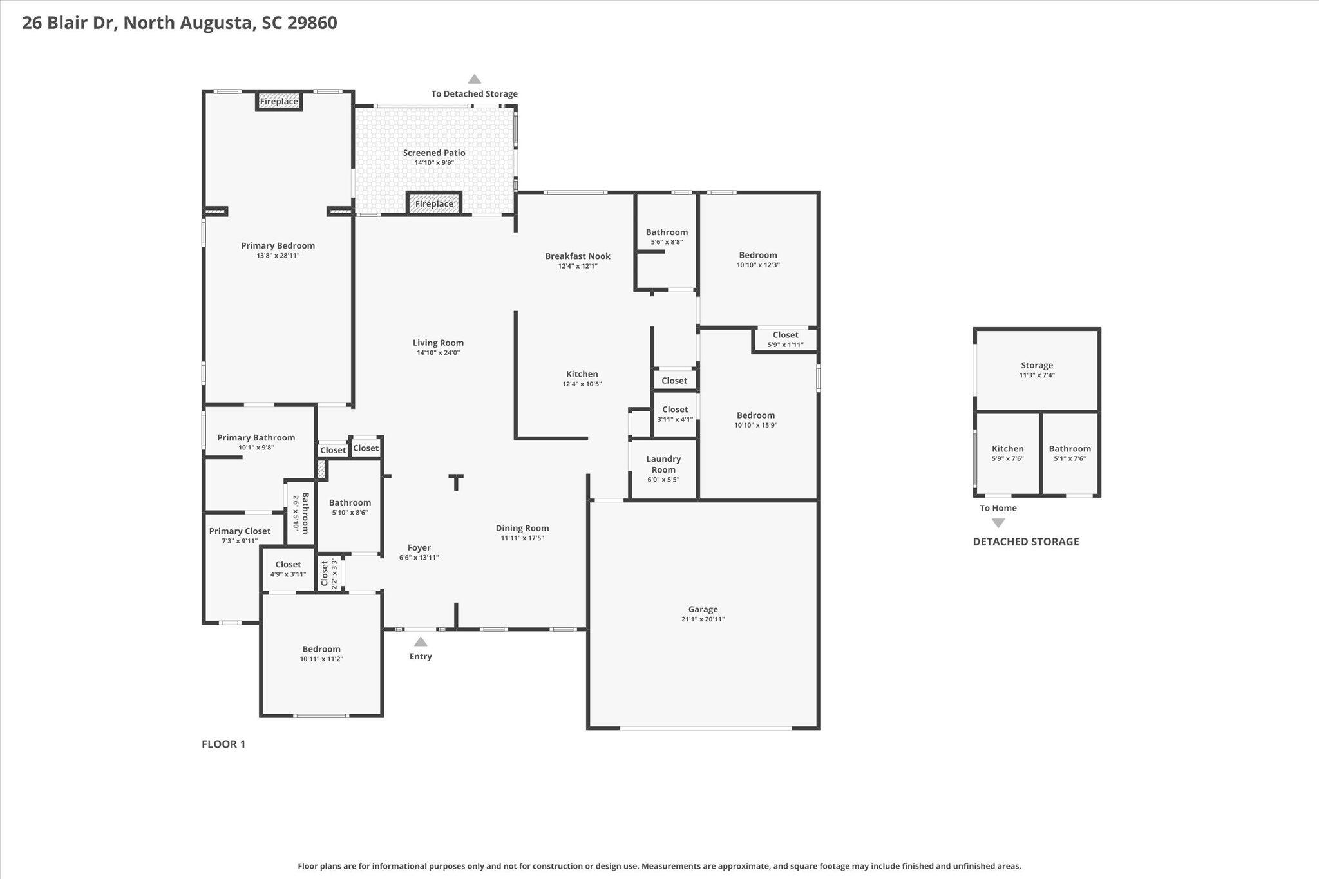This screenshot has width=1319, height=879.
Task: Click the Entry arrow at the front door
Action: coord(421,641)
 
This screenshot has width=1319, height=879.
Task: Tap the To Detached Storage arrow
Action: coord(475,79)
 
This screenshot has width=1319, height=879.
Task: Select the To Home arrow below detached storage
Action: coord(998,523)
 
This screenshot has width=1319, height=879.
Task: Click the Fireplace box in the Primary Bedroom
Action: coord(279,102)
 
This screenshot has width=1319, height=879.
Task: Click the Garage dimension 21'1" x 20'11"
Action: coord(703,619)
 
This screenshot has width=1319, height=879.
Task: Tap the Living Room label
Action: coord(438,343)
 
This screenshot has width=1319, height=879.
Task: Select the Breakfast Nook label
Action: coord(578,256)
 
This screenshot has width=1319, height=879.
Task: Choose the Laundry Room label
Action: coord(663,464)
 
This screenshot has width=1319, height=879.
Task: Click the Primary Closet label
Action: coord(240,531)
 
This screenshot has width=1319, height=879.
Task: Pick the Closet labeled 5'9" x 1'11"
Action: coord(786,339)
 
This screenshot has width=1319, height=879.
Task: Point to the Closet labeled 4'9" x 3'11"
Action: coord(288,569)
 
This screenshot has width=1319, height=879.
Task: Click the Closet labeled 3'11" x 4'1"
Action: coord(675,414)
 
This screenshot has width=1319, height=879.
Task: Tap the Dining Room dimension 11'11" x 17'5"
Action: coord(522,538)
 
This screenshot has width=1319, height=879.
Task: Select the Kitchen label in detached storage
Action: coord(1008,449)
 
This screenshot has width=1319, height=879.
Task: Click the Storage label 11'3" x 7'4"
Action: coord(1037,370)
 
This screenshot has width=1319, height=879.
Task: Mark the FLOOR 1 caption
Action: coord(223,744)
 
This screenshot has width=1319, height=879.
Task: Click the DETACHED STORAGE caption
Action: coord(1026,542)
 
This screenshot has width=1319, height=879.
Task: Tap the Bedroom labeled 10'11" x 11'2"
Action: coord(321,654)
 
